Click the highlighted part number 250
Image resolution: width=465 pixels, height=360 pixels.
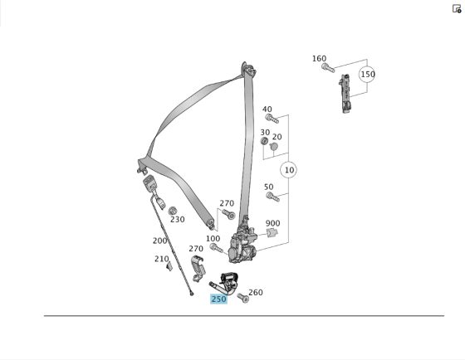(x=218, y=299)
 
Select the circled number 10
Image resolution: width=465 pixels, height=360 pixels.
(x=289, y=170)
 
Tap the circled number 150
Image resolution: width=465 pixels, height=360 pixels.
(x=367, y=74)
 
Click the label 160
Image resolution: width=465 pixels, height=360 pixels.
(x=319, y=58)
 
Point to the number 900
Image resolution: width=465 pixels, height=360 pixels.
(x=272, y=223)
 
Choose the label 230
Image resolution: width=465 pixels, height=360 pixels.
(x=177, y=220)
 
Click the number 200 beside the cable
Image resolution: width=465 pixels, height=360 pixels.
(x=159, y=241)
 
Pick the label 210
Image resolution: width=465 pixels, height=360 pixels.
(x=161, y=259)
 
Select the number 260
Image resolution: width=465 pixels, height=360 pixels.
(x=255, y=292)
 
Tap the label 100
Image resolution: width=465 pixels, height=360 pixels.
(x=213, y=238)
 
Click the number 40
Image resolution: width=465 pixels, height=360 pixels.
(x=267, y=109)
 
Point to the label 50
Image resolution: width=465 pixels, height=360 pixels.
(x=268, y=187)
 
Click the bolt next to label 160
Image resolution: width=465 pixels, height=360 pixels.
(x=327, y=67)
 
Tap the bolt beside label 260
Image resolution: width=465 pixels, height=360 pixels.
(x=242, y=297)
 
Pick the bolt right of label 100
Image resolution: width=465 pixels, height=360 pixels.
(x=218, y=247)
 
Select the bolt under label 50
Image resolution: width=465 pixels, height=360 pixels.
(x=272, y=197)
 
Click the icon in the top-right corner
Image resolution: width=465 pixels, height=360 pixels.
(x=456, y=8)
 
